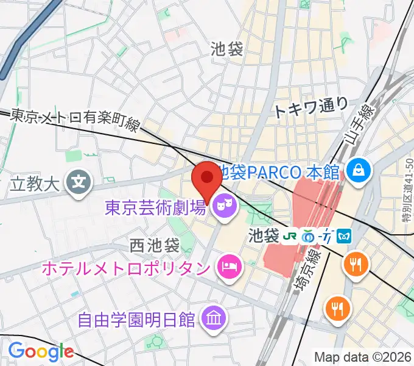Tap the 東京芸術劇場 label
(155, 208)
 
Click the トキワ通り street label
(310, 107)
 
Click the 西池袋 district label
(155, 245)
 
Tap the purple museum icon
(214, 317)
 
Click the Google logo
(41, 351)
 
